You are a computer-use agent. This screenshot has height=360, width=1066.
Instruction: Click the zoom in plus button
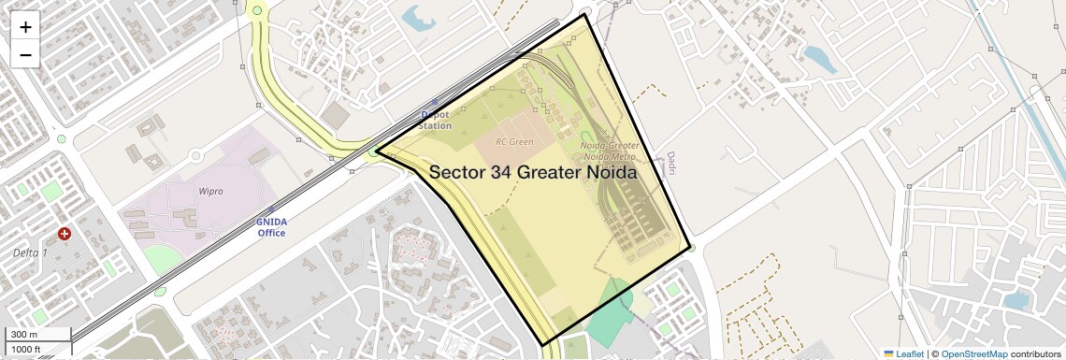click(x=25, y=26)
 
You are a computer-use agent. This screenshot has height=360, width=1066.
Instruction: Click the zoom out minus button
click(x=25, y=54)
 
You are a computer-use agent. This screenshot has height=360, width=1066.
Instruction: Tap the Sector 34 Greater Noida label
click(x=533, y=173)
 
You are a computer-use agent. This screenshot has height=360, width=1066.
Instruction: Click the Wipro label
click(x=211, y=191)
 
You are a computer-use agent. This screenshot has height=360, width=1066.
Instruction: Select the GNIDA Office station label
click(x=271, y=227)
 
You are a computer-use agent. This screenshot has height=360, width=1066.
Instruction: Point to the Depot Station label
click(x=434, y=120)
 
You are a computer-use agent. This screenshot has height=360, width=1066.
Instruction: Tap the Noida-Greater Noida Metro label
click(x=609, y=151)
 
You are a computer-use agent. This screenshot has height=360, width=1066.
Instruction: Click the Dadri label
click(x=670, y=164)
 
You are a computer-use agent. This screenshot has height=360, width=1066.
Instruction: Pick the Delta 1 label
click(x=31, y=253)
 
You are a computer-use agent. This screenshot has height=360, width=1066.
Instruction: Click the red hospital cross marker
click(x=64, y=233)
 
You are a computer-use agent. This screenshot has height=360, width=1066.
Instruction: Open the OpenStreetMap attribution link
click(x=973, y=353)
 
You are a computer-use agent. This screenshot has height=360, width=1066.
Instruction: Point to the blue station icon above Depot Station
click(x=433, y=102)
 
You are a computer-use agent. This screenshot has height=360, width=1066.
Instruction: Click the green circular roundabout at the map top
click(x=257, y=10)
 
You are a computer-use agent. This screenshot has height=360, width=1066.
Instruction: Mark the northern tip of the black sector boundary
click(x=585, y=15)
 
